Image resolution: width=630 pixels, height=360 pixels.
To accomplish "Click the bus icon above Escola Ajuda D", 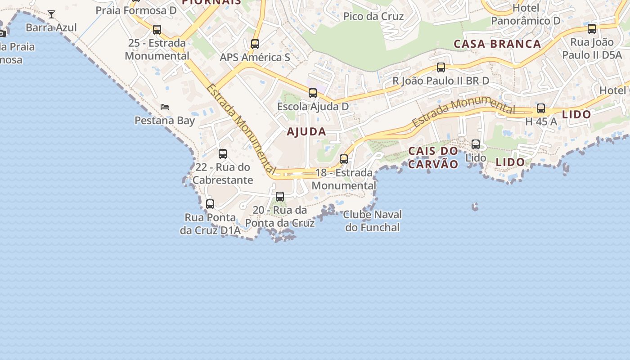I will tap(313, 93).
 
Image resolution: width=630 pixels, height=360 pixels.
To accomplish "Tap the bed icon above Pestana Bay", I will tap(165, 107).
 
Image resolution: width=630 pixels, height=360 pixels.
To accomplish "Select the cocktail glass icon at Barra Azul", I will tap(51, 14).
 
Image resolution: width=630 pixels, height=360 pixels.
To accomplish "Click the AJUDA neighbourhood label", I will tap(306, 132).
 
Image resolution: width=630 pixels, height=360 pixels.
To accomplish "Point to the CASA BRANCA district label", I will tap(497, 44).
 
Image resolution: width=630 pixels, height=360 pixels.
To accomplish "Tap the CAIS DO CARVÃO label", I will tap(433, 157).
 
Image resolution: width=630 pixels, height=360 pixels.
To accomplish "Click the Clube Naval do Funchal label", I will tap(372, 220).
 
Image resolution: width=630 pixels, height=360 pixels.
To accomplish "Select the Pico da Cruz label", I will tap(373, 17).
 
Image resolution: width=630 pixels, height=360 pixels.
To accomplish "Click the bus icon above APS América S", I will tap(255, 44).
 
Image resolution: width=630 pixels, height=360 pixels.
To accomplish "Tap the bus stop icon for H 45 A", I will tap(541, 108).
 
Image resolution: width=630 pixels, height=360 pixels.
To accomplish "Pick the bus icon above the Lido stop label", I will tap(476, 144).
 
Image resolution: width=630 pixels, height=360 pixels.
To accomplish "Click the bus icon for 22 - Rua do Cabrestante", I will tap(223, 154).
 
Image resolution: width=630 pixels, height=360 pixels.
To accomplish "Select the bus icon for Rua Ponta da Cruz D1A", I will tap(210, 204).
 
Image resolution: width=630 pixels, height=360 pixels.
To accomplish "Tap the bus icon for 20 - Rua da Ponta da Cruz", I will tap(280, 197).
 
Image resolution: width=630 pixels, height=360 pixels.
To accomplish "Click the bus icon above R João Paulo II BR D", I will tap(441, 67).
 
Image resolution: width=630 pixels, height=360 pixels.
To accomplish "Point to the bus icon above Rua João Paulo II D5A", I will tap(592, 29).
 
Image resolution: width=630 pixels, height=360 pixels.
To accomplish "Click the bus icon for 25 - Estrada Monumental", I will tap(157, 30).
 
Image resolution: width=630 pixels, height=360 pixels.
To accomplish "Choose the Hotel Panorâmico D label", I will tap(526, 14).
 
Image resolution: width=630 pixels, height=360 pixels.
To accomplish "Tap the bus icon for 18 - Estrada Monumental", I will tap(344, 159).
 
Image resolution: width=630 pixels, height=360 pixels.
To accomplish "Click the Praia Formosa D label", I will tap(136, 10).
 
